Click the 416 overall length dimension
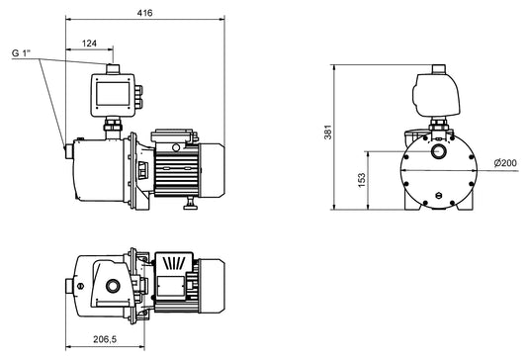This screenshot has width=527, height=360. coord(144,13)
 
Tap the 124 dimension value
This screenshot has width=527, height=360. coord(89,44)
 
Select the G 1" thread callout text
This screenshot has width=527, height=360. coord(21,53)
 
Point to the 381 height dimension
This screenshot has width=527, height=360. coord(327,132)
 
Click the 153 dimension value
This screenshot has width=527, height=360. coord(361,180)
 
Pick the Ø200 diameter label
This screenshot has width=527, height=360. coord(505,163)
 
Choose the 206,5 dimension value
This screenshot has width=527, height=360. coord(105,339)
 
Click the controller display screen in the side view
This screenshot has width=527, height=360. coord(113,94)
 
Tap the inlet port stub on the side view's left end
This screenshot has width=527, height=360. coord(69,151)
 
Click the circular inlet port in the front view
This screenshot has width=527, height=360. coord(438,151)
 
